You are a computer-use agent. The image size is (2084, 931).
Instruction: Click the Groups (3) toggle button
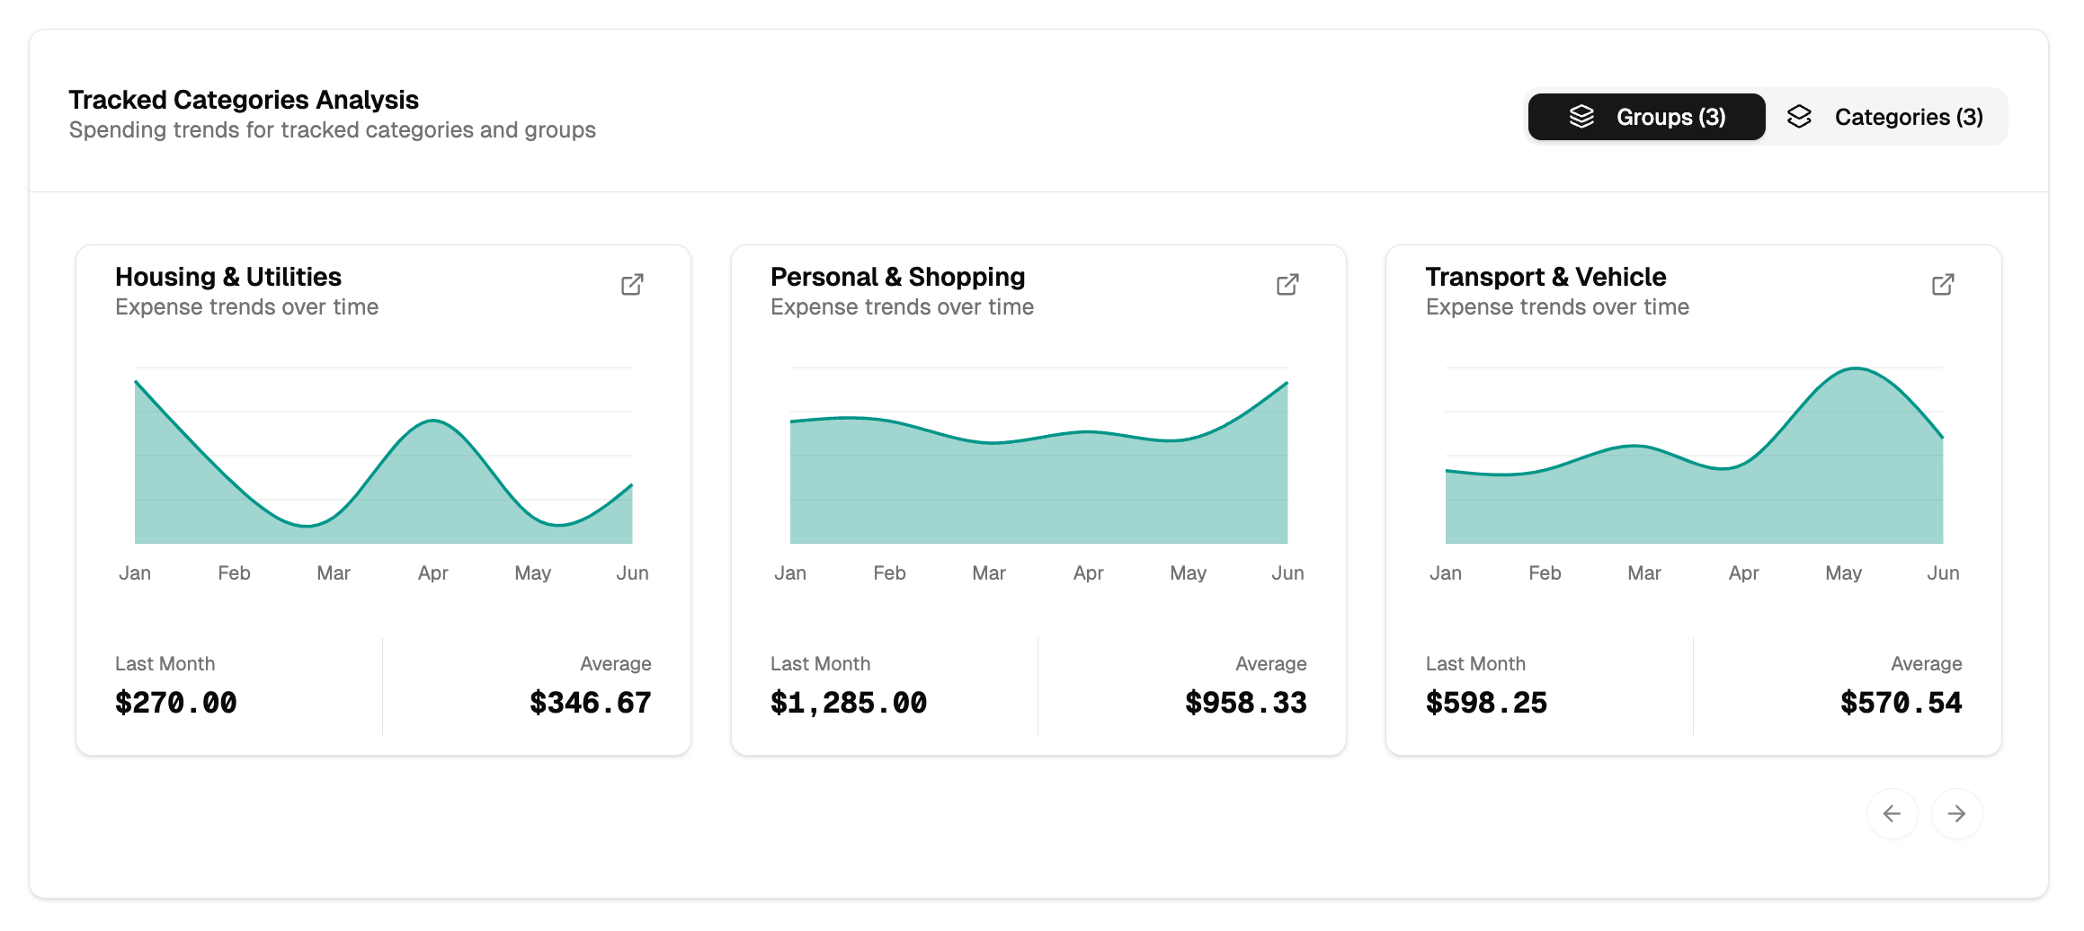tap(1646, 117)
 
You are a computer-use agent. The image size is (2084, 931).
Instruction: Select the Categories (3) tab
tap(1885, 117)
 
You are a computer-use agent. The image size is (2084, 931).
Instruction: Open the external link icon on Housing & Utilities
tap(632, 285)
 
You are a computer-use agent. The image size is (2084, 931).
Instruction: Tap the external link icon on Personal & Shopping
tap(1287, 285)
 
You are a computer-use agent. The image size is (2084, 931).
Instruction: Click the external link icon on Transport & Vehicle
tap(1943, 285)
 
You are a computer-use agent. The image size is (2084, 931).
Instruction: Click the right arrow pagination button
tap(1956, 813)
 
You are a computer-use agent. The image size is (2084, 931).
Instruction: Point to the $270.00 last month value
tap(176, 703)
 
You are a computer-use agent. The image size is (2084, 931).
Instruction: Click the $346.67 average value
tap(590, 703)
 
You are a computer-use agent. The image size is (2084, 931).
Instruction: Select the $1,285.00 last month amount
tap(848, 703)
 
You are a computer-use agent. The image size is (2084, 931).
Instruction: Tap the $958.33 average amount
tap(1245, 703)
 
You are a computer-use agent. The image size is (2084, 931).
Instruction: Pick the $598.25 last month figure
tap(1486, 703)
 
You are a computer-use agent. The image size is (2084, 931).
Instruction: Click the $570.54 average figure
tap(1901, 703)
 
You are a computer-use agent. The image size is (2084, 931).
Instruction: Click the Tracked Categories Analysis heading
tap(244, 100)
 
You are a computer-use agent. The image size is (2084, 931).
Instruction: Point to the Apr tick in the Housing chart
tap(432, 573)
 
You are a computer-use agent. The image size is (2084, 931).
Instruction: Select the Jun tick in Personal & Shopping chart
tap(1287, 573)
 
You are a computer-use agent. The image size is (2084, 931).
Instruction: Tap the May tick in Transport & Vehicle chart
tap(1843, 573)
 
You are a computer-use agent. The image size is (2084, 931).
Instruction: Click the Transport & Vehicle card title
tap(1545, 277)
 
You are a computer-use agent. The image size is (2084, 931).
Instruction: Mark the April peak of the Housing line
tap(433, 421)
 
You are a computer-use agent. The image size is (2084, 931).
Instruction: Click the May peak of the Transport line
tap(1856, 368)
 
